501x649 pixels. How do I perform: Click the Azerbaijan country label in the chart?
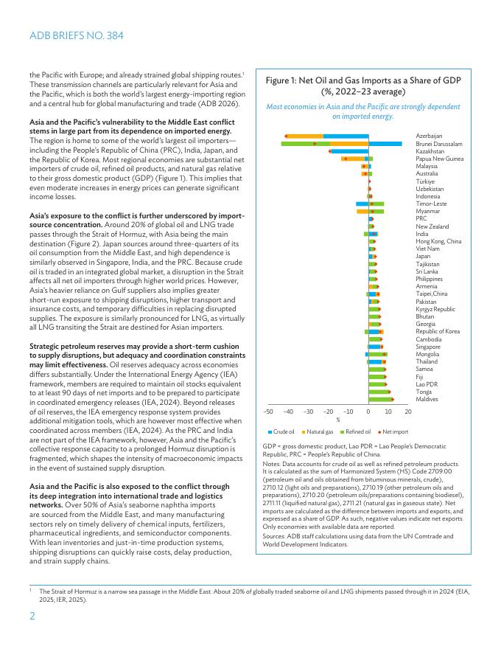[429, 136]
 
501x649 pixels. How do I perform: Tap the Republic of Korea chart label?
[438, 332]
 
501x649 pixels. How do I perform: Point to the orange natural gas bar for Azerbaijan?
[304, 136]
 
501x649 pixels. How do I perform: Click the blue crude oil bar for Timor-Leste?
[362, 204]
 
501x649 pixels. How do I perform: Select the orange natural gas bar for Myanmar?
[362, 211]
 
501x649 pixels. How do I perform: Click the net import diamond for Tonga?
[390, 392]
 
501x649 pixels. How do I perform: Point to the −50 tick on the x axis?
[268, 412]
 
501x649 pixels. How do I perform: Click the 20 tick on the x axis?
[408, 412]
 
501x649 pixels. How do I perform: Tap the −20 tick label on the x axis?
[328, 412]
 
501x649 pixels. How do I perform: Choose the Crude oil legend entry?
[284, 431]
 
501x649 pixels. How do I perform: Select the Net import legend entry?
[395, 431]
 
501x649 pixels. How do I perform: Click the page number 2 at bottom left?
[32, 617]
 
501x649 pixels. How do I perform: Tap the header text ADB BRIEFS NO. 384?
[77, 35]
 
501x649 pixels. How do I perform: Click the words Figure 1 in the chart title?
[284, 80]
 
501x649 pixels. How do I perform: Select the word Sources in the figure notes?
[274, 536]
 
